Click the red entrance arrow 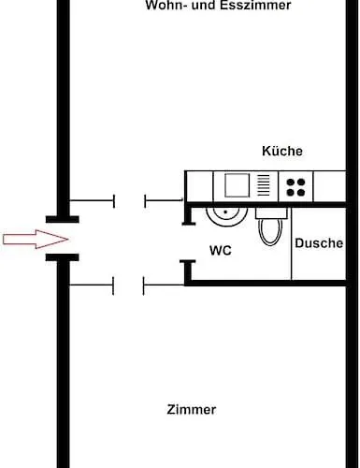pos(22,241)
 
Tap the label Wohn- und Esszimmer pos(218,6)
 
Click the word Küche pos(281,151)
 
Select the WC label pos(221,251)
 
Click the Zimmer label pos(191,409)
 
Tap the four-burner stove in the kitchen pos(297,185)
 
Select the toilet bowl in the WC pos(270,230)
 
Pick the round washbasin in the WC pos(225,212)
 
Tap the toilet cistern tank pos(270,212)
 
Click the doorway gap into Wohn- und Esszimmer pos(129,200)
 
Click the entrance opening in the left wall pos(63,240)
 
